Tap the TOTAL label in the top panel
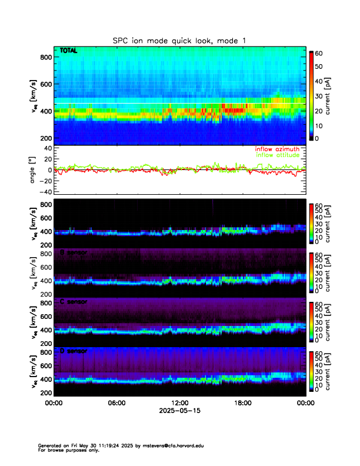69,51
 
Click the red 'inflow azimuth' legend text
277,149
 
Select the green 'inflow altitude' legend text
277,155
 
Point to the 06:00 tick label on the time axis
116,402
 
